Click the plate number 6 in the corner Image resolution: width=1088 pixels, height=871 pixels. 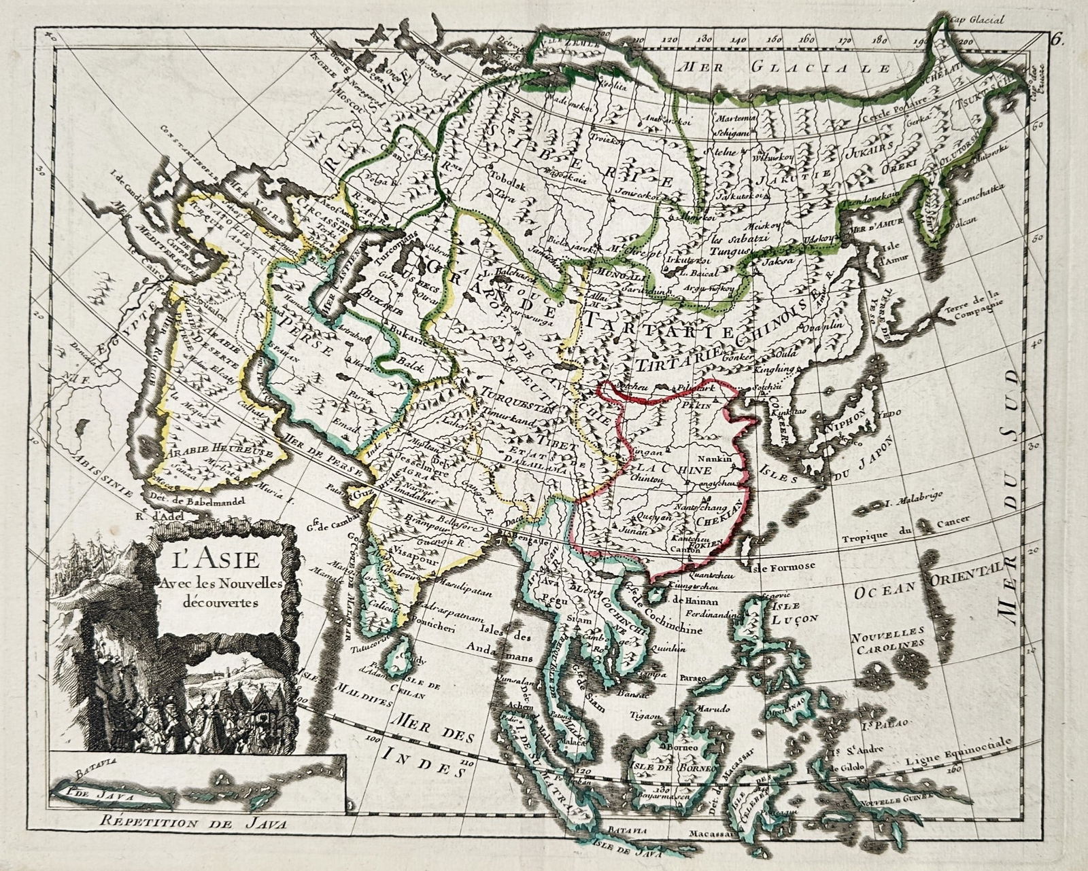click(1055, 39)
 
